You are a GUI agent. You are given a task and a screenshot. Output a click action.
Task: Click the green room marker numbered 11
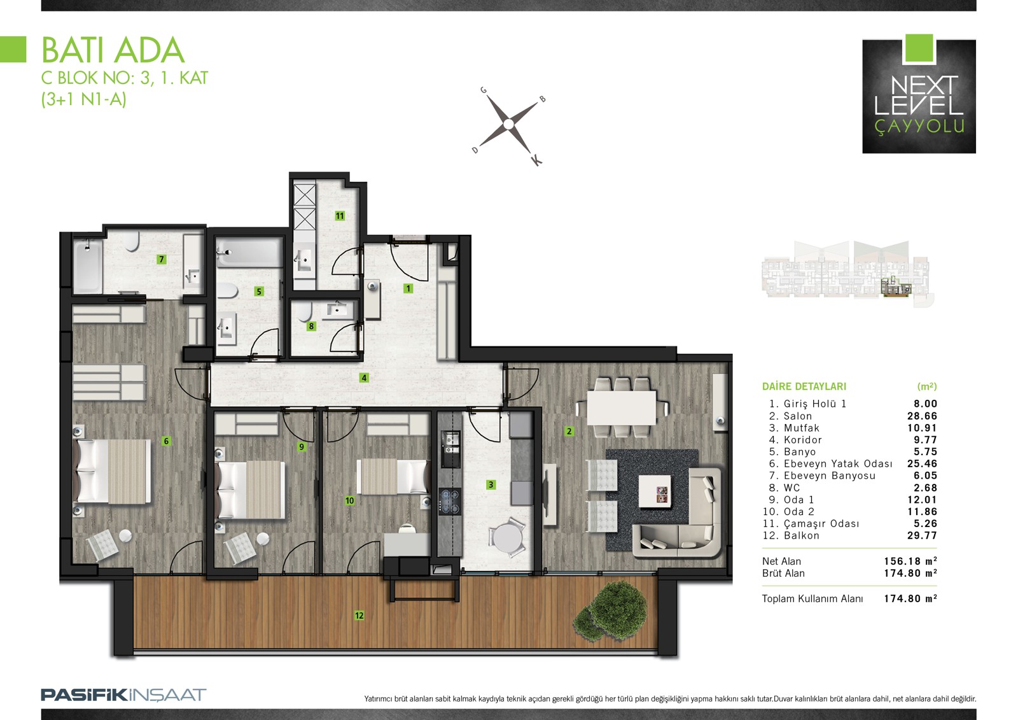340,216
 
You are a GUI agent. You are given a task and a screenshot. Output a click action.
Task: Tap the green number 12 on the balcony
359,616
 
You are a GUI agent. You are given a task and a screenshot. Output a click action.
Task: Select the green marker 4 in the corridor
363,378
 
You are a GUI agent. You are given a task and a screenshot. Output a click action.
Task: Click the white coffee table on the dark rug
655,491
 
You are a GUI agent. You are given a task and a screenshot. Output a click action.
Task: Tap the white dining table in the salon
621,407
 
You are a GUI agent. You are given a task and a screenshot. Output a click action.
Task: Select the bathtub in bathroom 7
88,267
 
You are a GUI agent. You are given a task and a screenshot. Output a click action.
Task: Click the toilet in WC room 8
304,311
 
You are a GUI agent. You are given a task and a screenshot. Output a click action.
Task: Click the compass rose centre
508,124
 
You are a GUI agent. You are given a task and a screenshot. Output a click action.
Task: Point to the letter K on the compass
536,160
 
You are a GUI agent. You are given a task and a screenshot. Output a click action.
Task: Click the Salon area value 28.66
922,416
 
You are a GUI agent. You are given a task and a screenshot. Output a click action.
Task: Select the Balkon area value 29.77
922,536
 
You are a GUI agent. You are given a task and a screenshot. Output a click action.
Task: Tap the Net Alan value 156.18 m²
910,561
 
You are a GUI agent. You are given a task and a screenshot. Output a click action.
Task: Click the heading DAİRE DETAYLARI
804,386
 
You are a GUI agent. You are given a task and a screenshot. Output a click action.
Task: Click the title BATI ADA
113,50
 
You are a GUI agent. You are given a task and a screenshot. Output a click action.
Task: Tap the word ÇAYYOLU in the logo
919,127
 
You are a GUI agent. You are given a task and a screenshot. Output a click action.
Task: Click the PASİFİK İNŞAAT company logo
123,695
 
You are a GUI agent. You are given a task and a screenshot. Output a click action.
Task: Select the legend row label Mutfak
801,428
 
